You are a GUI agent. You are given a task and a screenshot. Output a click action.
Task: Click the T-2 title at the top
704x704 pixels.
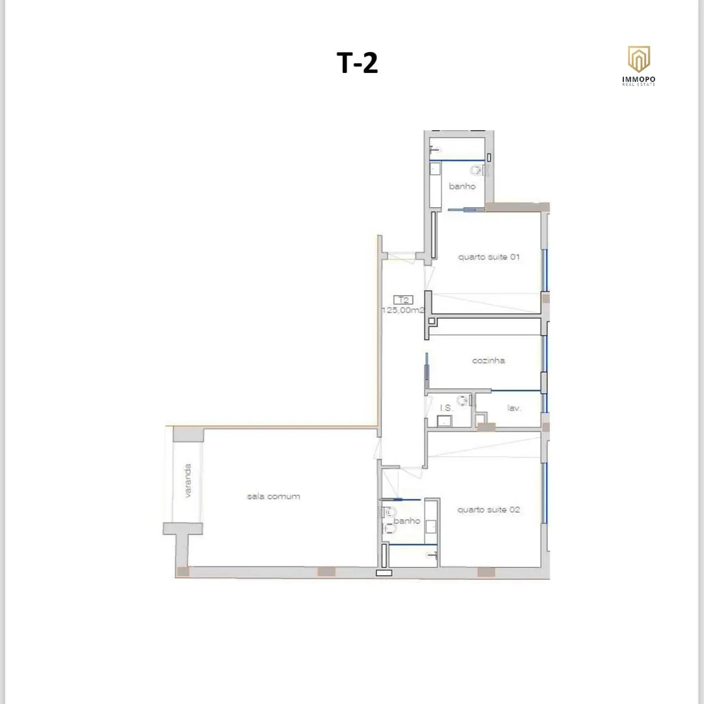[x=357, y=63]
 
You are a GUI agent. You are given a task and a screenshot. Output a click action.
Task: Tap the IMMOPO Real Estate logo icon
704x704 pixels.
[x=638, y=59]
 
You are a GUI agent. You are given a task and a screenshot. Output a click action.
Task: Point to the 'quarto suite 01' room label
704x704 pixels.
[x=488, y=257]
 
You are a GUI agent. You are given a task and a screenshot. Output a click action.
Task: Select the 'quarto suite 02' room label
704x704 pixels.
[x=488, y=510]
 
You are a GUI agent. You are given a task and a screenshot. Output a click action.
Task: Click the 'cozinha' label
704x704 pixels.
[x=488, y=360]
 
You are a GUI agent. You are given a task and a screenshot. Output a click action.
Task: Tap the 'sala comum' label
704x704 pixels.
[x=274, y=497]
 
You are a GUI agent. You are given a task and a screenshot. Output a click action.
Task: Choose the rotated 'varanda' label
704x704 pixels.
[x=188, y=480]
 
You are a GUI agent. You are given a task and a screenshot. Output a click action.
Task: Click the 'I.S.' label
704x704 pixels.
[x=446, y=408]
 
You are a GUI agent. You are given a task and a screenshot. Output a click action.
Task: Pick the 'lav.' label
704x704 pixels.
[x=514, y=408]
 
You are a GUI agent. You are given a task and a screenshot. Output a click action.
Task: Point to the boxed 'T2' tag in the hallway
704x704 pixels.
[x=403, y=300]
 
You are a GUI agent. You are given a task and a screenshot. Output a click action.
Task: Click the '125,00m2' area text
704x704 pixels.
[x=402, y=310]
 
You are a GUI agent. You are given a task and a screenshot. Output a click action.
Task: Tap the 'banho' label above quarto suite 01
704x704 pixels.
[x=462, y=186]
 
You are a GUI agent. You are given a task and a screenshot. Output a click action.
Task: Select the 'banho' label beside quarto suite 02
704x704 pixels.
[x=407, y=521]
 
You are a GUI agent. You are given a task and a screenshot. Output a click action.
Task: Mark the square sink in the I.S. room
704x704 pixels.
[x=444, y=421]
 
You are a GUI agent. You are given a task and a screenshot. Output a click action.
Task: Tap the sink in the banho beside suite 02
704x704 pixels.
[x=431, y=526]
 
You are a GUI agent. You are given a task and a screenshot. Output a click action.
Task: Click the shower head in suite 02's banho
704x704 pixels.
[x=433, y=556]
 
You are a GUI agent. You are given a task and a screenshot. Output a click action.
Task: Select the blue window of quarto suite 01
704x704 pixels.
[x=544, y=270]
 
